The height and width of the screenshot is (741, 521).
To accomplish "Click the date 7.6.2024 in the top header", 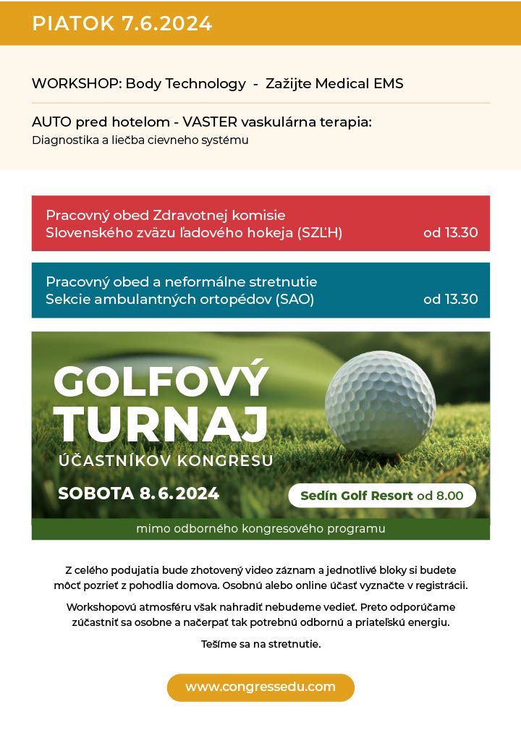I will click(x=167, y=23).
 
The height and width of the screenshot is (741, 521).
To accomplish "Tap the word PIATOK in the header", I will click(x=73, y=23).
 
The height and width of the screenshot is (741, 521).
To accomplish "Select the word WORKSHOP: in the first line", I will click(x=77, y=83).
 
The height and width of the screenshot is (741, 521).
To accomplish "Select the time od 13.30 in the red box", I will click(x=450, y=233).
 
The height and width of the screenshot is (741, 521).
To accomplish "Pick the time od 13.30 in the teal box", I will click(x=450, y=299).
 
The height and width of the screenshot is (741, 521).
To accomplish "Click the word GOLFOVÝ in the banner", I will click(x=161, y=381).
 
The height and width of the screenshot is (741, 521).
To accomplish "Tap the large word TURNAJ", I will click(x=161, y=423).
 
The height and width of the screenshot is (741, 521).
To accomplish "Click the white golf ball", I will click(x=380, y=402).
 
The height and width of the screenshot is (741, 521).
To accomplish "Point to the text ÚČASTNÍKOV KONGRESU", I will click(x=166, y=460).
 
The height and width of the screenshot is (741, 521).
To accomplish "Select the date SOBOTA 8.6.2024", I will click(x=138, y=494).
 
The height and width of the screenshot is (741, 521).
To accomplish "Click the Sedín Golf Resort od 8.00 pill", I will click(x=382, y=496).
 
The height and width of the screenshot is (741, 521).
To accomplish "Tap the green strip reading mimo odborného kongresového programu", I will click(x=260, y=529).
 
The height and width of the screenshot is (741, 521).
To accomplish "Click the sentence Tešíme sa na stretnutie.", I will click(x=260, y=643).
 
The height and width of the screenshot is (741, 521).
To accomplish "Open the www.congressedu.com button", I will click(x=260, y=687).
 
